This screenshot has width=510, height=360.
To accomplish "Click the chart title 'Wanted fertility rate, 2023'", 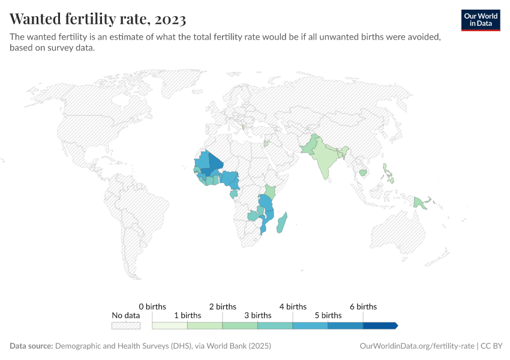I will (98, 19).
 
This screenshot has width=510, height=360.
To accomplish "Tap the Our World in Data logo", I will (480, 20).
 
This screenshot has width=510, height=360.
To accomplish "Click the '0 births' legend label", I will (152, 307).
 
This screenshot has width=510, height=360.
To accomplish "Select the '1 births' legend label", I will (187, 315).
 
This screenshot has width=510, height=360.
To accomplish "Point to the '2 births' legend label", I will (223, 307).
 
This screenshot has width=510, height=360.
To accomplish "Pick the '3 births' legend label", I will (257, 315).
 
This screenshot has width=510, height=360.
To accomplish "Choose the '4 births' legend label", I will (293, 307).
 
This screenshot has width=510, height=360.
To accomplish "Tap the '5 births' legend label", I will (328, 315).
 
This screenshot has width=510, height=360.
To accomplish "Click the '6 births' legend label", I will (363, 307).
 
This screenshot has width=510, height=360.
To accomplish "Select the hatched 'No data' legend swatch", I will (126, 326).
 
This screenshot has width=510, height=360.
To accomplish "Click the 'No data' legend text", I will (126, 315).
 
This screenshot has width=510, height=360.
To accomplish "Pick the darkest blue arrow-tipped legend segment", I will (380, 326).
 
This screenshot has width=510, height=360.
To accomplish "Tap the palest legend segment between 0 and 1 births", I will (170, 326).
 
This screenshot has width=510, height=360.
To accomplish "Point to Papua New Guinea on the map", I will (424, 203).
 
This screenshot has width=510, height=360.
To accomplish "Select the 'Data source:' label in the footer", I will (31, 346).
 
